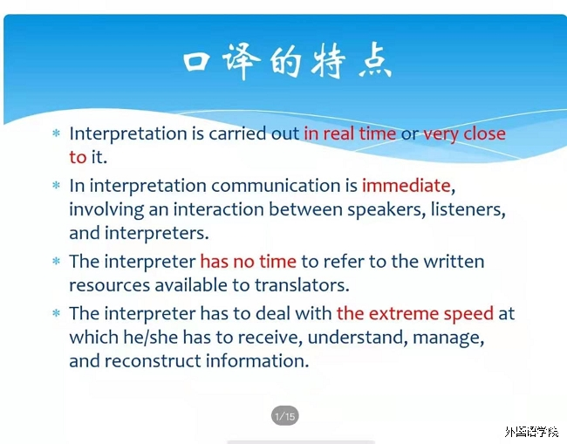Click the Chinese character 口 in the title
coord(197,61)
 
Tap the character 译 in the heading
coord(241,61)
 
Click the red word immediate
coord(406,186)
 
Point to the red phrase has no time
coord(248,262)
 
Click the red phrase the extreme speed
coord(414,314)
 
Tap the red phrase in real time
coord(350,133)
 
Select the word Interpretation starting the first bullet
coord(128,134)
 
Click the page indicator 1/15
coord(285,416)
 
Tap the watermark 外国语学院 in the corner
coord(531,431)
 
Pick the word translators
coord(302,285)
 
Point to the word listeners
coord(468,209)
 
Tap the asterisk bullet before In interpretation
coord(56,186)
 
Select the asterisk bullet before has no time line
coord(56,261)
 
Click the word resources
coord(109,285)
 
